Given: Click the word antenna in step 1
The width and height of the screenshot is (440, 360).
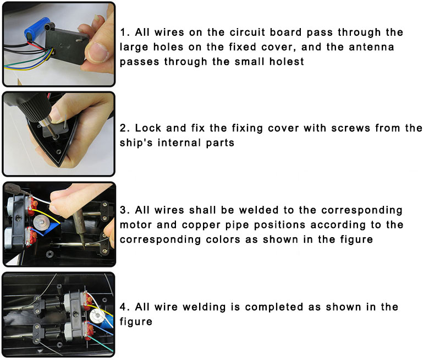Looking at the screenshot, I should coord(372,47).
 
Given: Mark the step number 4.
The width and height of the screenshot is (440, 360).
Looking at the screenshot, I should coord(124,307).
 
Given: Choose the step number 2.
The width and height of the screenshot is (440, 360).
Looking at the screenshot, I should coord(124,128).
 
